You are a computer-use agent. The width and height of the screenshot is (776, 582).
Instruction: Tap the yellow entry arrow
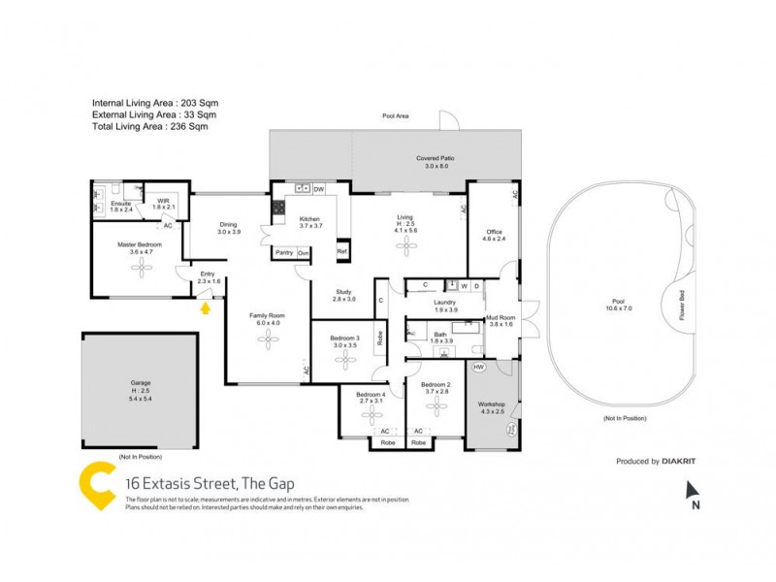(205, 308)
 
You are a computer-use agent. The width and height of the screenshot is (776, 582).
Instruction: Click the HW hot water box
(478, 367)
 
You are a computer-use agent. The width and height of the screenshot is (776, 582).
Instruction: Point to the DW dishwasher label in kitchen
(318, 188)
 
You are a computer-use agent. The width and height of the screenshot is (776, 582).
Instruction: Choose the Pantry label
(284, 252)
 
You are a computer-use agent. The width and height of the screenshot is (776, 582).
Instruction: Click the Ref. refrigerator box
(341, 252)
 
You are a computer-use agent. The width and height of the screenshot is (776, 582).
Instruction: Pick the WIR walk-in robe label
(163, 203)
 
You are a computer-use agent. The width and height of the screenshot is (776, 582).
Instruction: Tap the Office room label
(494, 235)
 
